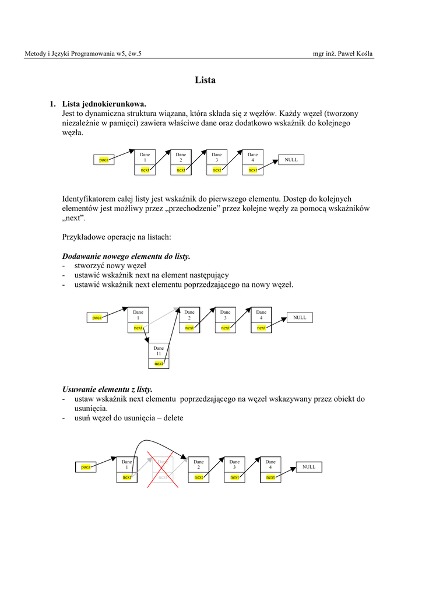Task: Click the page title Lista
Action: [205, 80]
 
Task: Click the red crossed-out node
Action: [163, 470]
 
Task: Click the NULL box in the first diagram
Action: [291, 159]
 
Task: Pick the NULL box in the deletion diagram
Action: [309, 467]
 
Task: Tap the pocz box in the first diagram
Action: [104, 159]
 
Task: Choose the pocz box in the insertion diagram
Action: [97, 317]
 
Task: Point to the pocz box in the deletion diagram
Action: [86, 467]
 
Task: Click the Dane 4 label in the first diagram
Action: [252, 157]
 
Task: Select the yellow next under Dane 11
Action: [159, 364]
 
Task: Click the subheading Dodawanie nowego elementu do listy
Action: [126, 257]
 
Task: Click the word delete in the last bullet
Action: [174, 417]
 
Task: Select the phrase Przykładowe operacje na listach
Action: [115, 237]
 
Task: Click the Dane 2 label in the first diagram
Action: [181, 157]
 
